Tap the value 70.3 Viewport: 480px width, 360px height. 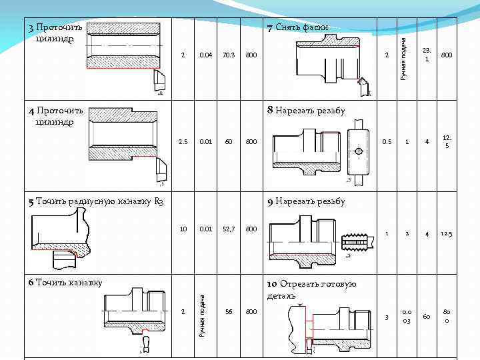click(228, 55)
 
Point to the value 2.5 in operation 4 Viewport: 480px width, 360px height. click(183, 141)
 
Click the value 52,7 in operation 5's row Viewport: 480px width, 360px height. click(228, 229)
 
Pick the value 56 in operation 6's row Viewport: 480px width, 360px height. click(229, 311)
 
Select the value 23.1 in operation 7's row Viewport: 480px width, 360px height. click(427, 55)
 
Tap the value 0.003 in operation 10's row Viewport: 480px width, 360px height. click(406, 317)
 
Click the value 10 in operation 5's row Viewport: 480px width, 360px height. click(183, 229)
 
